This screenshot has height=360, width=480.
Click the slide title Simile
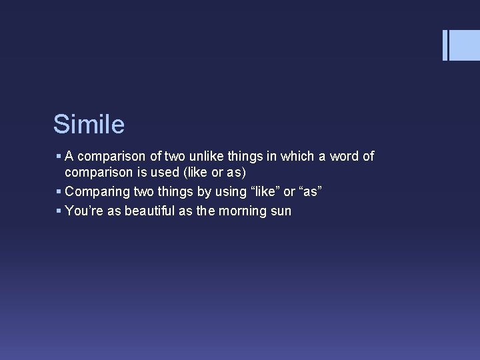coord(89,125)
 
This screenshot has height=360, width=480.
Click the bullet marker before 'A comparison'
coord(59,157)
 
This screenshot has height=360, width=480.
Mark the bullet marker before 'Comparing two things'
coord(59,192)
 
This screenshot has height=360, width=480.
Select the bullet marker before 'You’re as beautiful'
coord(59,211)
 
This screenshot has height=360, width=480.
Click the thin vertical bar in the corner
coord(445,45)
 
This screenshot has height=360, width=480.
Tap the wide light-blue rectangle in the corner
coord(465,45)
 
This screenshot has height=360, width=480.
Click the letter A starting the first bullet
coord(69,157)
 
